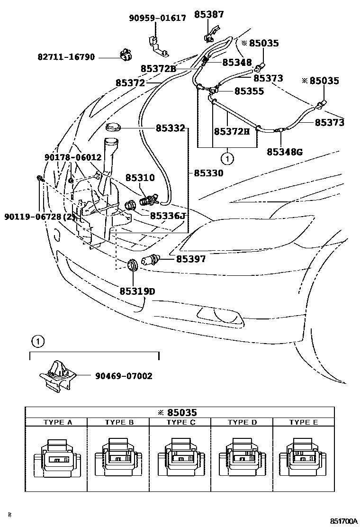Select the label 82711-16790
pos(66,57)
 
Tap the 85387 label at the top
pos(209,15)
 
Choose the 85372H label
pos(232,131)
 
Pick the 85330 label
pos(208,173)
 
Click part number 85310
pos(140,178)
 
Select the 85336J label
pos(167,216)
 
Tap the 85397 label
pos(191,259)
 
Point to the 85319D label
pos(137,291)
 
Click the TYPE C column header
pos(180,422)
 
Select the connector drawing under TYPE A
pos(57,458)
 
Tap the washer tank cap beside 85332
pos(114,127)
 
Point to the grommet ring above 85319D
pos(133,264)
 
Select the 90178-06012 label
pos(73,157)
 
